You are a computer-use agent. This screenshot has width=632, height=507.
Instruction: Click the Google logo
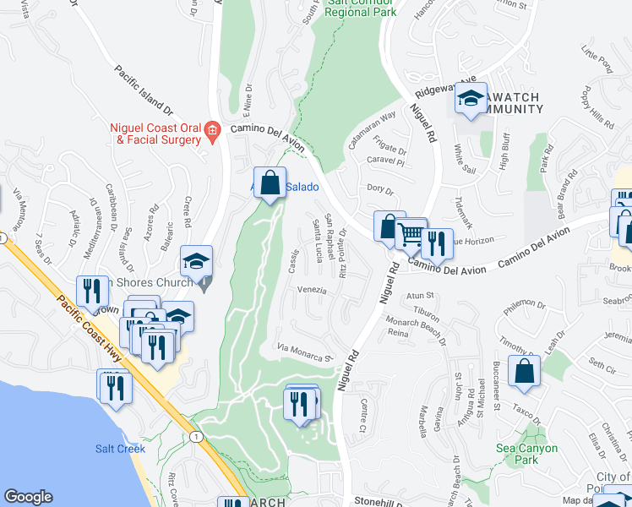tap(28, 497)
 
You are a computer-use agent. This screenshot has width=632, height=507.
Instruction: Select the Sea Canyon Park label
tap(529, 455)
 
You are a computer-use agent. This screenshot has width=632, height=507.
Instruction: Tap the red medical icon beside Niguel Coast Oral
tap(211, 129)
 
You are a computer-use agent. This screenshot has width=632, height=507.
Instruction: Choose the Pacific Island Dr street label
tap(144, 90)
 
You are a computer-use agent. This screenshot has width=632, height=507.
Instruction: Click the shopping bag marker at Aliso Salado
tap(270, 183)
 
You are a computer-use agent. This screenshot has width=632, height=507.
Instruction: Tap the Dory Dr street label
tap(375, 188)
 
